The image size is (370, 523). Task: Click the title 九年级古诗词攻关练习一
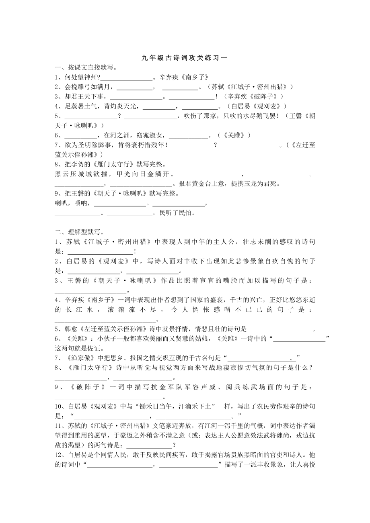point(185,58)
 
